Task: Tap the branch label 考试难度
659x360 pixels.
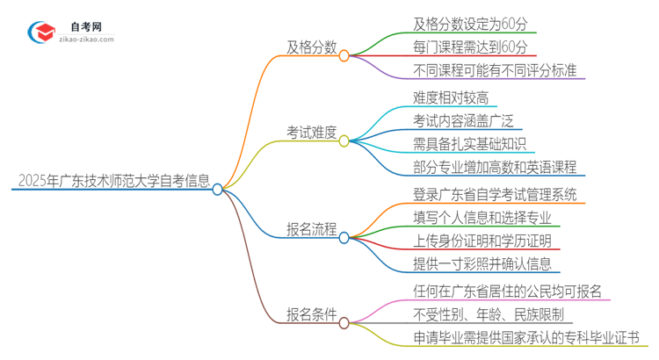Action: (311, 132)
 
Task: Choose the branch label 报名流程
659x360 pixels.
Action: (311, 229)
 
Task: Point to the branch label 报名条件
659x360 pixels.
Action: (311, 314)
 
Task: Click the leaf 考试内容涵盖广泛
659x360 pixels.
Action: (464, 120)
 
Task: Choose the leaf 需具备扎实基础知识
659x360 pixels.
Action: (470, 143)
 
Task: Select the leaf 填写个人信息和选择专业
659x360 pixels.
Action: (482, 216)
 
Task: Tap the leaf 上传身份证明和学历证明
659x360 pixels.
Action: (482, 241)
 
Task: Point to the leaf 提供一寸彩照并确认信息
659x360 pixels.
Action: (482, 263)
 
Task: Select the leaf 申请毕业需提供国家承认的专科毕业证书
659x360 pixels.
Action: (525, 337)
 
